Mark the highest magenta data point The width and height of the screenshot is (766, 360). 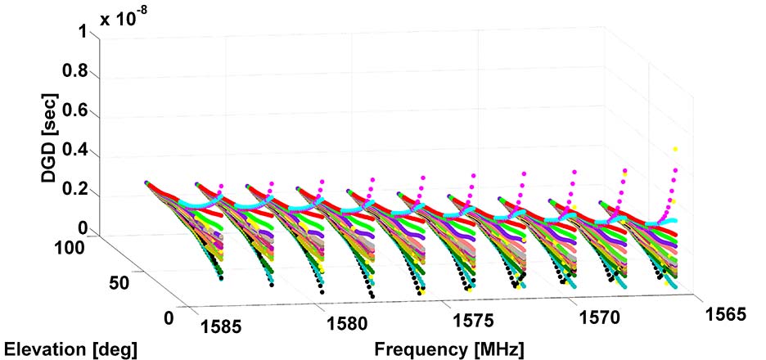pos(675,149)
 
